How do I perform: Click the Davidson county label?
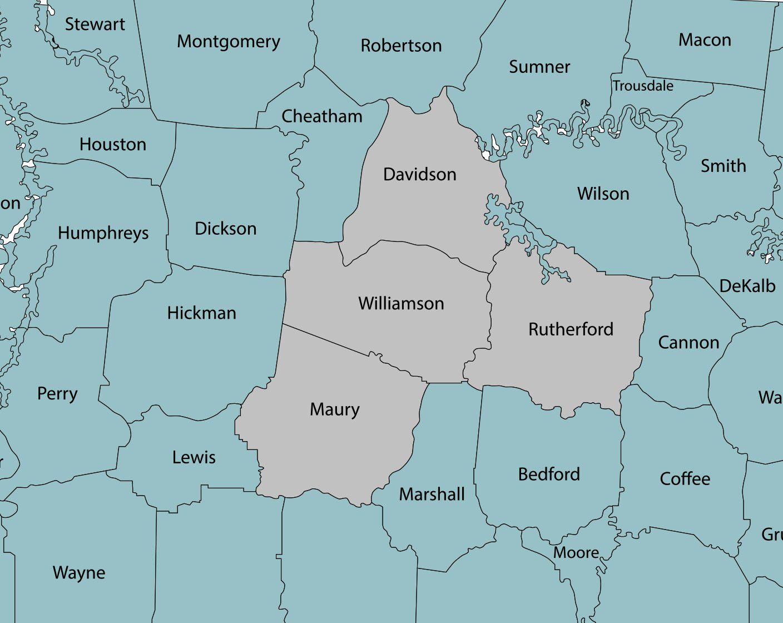coord(420,175)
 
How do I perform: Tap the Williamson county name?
coord(401,304)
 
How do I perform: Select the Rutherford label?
coord(571,329)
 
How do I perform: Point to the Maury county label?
coord(335,410)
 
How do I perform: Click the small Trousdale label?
coord(643,86)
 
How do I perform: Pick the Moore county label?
coord(576,553)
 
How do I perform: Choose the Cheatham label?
coord(322,116)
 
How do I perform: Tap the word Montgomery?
coord(229,42)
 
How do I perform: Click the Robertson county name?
coord(401,46)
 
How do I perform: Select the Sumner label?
coord(539,67)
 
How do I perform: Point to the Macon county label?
coord(705,40)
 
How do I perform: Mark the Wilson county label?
coord(603,194)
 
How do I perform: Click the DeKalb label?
coord(747,286)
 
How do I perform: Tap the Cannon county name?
coord(688,343)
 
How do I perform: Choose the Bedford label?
coord(549,474)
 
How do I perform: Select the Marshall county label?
coord(432,495)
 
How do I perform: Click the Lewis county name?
coord(194,458)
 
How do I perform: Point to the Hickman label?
coord(201,313)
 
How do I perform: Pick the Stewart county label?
coord(95,24)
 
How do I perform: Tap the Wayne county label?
coord(79,573)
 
